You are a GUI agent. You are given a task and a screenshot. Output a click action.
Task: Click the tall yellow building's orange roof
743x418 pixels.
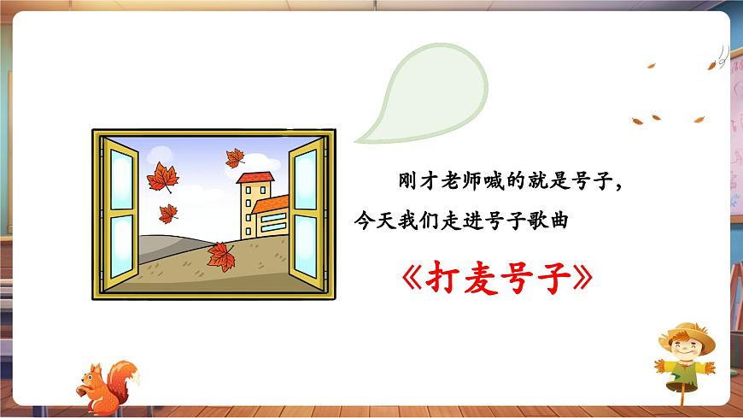click(255, 177)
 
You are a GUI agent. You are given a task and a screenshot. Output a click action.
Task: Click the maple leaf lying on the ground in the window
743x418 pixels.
click(221, 256)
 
